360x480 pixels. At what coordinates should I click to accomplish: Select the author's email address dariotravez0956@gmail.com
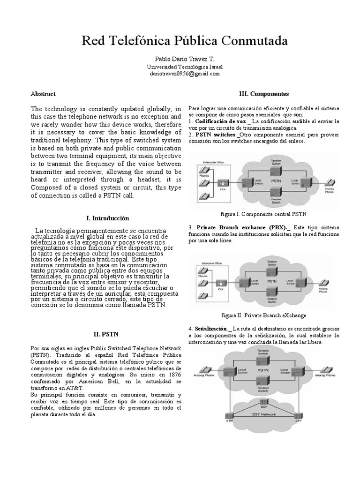(x=183, y=74)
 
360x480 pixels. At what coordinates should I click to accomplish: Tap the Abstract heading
(x=43, y=94)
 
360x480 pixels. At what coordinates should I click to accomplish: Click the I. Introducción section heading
(x=108, y=218)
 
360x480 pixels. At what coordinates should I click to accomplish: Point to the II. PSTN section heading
(x=107, y=335)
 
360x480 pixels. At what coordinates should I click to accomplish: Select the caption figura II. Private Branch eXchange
(x=263, y=315)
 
